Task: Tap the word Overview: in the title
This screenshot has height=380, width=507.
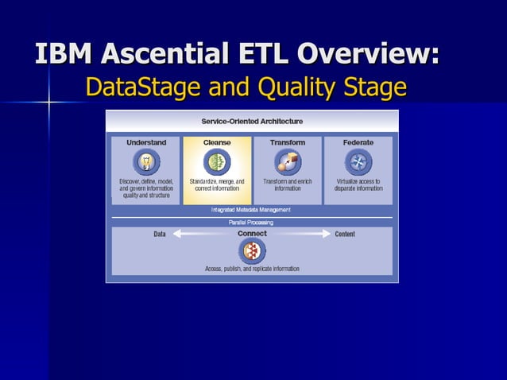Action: pyautogui.click(x=367, y=54)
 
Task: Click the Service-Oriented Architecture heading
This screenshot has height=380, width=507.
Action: pyautogui.click(x=252, y=121)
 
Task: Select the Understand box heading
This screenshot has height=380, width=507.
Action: pyautogui.click(x=146, y=142)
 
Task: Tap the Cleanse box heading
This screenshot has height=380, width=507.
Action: pyautogui.click(x=217, y=142)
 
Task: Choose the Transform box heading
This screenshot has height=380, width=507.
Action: pyautogui.click(x=287, y=142)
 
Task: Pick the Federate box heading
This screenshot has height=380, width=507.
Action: pyautogui.click(x=358, y=142)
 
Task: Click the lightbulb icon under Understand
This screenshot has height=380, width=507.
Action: pyautogui.click(x=146, y=162)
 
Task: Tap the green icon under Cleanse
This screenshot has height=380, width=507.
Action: pyautogui.click(x=217, y=162)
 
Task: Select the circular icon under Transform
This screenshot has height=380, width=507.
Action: pyautogui.click(x=287, y=162)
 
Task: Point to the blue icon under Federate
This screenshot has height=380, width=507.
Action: pyautogui.click(x=358, y=162)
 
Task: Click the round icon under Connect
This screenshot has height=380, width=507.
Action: pyautogui.click(x=252, y=251)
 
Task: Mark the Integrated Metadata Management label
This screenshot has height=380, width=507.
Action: pyautogui.click(x=251, y=210)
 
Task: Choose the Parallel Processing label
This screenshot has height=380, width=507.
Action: pyautogui.click(x=251, y=223)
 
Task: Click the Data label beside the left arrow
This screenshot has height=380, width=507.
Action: pyautogui.click(x=160, y=234)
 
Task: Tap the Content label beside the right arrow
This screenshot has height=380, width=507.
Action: pyautogui.click(x=345, y=234)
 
